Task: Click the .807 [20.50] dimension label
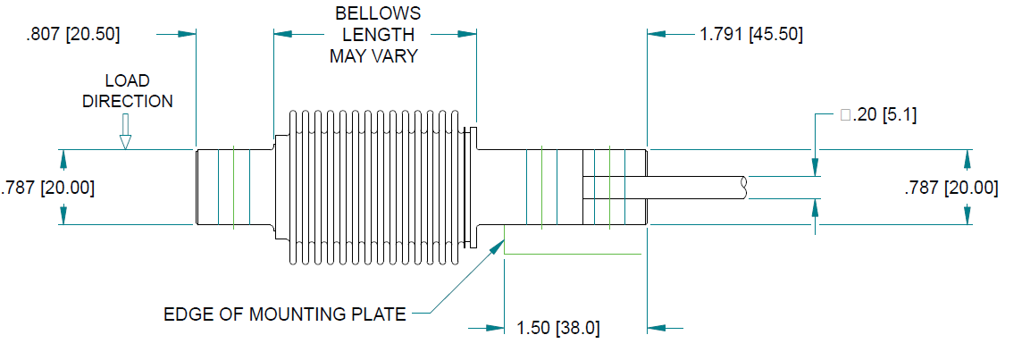(x=73, y=35)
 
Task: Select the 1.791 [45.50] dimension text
(x=750, y=35)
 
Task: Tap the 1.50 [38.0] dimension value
(x=558, y=328)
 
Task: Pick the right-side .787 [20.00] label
(x=951, y=188)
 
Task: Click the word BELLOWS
(x=378, y=14)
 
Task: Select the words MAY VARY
(x=375, y=55)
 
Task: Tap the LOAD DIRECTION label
(x=128, y=91)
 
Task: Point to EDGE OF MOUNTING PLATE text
(x=285, y=314)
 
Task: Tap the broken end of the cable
(x=745, y=188)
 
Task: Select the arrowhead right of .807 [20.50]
(x=186, y=34)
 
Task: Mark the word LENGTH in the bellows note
(x=378, y=35)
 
